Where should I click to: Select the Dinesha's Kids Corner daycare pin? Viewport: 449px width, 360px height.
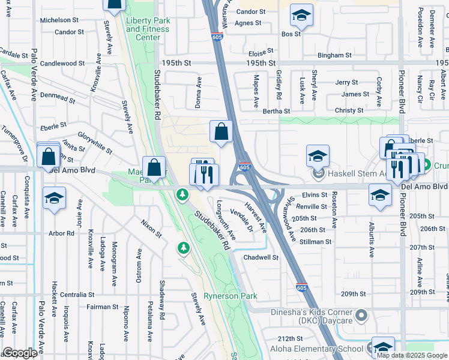point(361,315)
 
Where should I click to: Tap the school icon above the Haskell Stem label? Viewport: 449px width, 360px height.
point(318,156)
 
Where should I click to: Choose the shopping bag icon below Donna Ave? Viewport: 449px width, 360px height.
point(221,131)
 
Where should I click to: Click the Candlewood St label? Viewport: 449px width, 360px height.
point(62,63)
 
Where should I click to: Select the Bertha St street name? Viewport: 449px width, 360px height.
point(276,111)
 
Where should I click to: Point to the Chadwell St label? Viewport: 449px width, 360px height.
point(261,257)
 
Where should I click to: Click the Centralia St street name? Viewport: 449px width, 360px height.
point(77,295)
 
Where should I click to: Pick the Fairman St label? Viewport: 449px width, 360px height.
point(102,307)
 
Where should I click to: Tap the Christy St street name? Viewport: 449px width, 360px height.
point(349,111)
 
